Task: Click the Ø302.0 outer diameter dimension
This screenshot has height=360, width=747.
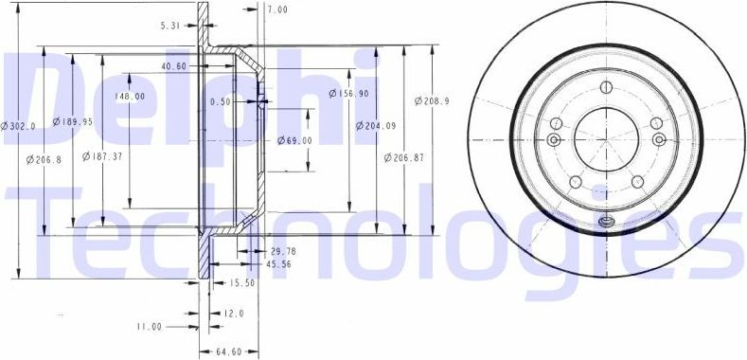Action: click(x=18, y=125)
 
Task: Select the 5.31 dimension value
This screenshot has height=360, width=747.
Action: click(x=172, y=26)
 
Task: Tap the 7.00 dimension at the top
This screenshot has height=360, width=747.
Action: click(x=276, y=9)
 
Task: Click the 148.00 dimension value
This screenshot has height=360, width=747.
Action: click(x=130, y=97)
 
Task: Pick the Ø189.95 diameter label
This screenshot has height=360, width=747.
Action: click(x=71, y=121)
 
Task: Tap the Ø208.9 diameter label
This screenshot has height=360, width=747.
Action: click(x=432, y=100)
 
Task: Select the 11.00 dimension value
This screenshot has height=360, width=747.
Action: click(x=149, y=327)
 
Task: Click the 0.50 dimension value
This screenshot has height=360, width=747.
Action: click(x=220, y=101)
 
